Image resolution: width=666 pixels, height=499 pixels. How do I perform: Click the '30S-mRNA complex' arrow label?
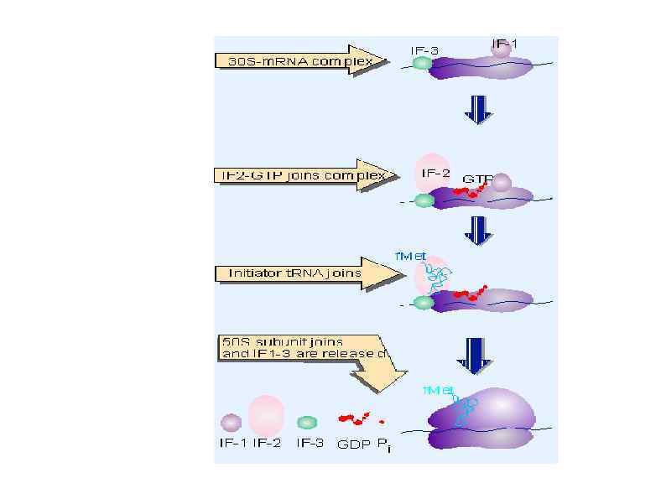click(x=300, y=60)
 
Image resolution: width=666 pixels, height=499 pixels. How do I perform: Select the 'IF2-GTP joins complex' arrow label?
click(x=299, y=175)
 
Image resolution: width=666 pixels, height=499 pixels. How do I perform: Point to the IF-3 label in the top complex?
click(x=424, y=50)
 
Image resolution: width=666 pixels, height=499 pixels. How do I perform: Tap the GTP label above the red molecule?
click(x=476, y=179)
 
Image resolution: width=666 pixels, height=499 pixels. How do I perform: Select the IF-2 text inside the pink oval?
click(x=429, y=174)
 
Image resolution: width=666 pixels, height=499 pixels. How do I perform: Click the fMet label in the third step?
click(x=412, y=254)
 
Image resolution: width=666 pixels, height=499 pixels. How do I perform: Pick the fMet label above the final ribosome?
click(x=438, y=391)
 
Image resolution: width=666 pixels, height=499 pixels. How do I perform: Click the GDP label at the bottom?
click(x=351, y=444)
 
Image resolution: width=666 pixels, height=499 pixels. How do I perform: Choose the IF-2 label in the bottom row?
click(x=267, y=444)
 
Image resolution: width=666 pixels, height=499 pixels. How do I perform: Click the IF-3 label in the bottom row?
click(x=310, y=444)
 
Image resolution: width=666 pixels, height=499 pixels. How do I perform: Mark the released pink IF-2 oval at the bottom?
click(x=266, y=414)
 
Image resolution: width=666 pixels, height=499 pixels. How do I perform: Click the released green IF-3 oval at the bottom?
click(x=308, y=422)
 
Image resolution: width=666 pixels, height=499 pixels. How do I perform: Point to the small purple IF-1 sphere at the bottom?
click(x=231, y=423)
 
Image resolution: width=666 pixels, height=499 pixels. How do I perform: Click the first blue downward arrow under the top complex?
click(x=478, y=108)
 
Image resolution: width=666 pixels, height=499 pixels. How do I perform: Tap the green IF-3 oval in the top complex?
click(x=421, y=64)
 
